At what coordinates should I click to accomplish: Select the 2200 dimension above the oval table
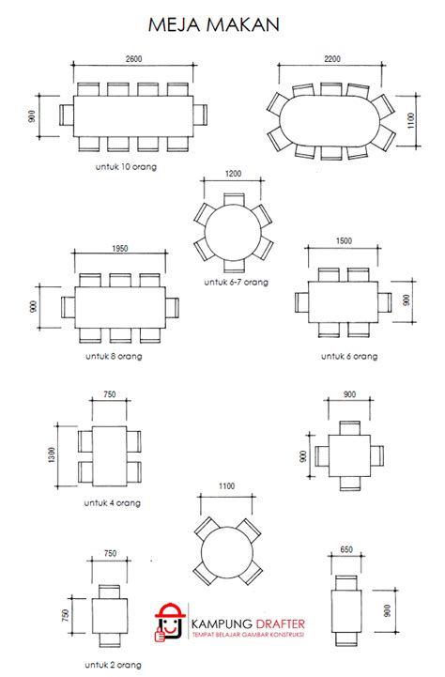tap(332, 59)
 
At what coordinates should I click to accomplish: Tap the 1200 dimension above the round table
tap(233, 174)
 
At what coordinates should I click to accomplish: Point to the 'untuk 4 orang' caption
tap(112, 502)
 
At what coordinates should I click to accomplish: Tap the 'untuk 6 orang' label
tap(349, 357)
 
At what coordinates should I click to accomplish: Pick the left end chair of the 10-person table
tap(66, 116)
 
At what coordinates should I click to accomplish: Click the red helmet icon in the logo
tap(170, 621)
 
